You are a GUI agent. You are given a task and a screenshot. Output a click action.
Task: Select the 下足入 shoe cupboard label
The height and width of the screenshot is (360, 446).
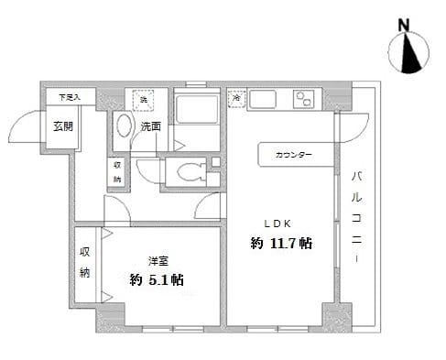pos(70,95)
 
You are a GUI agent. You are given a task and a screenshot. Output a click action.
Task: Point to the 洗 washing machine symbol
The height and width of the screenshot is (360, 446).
pos(144,99)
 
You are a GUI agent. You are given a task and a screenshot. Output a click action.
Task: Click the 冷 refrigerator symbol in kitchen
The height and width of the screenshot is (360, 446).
pos(236,94)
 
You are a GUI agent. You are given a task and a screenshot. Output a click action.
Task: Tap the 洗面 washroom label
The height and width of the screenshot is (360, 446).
pos(152,126)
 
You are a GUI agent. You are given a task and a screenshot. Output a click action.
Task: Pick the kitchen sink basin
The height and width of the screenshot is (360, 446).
pos(263,99)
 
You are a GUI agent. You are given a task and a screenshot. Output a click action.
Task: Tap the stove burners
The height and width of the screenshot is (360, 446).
pos(303,99)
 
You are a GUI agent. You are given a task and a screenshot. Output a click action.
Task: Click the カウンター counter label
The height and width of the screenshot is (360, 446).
pos(293,155)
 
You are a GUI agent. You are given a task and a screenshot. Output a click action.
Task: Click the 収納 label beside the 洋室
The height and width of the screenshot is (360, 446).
pos(85,262)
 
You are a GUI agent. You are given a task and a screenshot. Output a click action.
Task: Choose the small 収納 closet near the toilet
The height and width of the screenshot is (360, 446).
pos(117,171)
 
